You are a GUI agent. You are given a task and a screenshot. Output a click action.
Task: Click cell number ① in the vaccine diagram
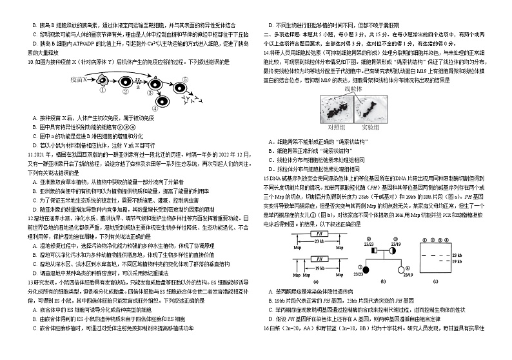103,82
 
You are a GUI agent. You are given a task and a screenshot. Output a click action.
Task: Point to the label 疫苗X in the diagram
78,78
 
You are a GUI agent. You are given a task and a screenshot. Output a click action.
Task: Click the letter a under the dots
137,86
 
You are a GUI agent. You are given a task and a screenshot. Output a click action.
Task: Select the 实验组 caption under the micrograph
369,128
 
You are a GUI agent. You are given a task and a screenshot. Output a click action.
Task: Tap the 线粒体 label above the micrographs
354,87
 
